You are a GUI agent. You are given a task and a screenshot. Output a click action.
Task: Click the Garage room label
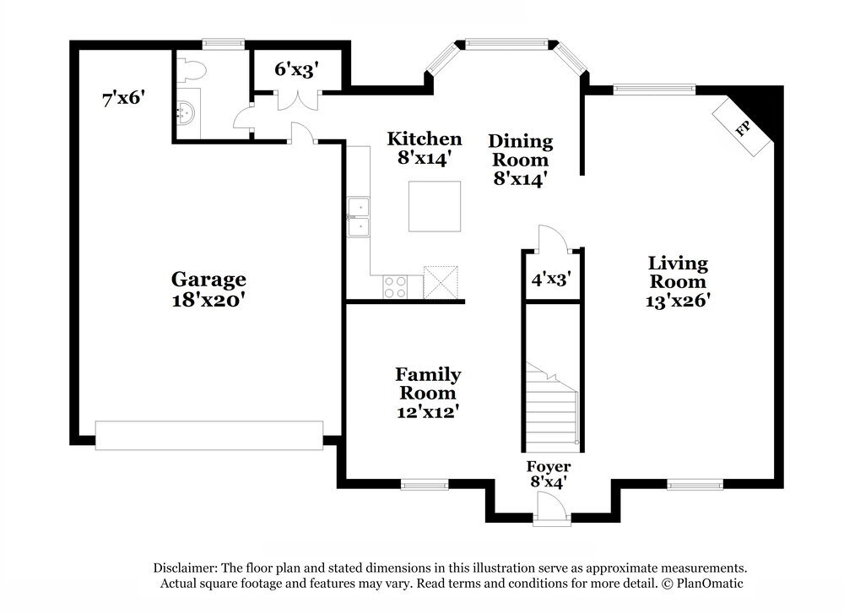pos(208,289)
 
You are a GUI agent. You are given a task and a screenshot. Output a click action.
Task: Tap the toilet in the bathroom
pos(192,69)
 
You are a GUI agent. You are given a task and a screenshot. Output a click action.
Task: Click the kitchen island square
pos(435,206)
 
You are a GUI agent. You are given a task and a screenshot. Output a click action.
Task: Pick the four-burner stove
pos(395,286)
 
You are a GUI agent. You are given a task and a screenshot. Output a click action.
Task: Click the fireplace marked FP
pos(743,128)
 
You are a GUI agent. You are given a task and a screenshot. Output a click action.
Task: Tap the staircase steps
pos(552,408)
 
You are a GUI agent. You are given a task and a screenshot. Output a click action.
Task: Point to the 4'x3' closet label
pos(551,280)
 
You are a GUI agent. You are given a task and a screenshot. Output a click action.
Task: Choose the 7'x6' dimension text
pos(124,99)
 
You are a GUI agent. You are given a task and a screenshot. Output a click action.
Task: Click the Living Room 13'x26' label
pos(678,282)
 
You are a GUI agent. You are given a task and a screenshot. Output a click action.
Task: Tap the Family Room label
pos(428,393)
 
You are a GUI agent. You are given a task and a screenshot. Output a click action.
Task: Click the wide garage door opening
pos(208,436)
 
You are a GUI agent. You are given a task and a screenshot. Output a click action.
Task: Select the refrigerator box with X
pos(441,282)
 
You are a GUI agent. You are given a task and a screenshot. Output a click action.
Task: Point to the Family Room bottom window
pos(425,485)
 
